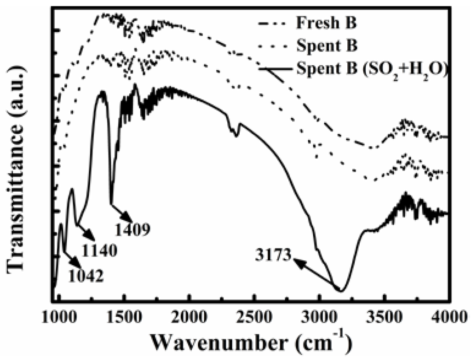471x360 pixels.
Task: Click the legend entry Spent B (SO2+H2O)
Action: click(x=373, y=70)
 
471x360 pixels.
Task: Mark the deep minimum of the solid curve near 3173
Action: click(x=341, y=291)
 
